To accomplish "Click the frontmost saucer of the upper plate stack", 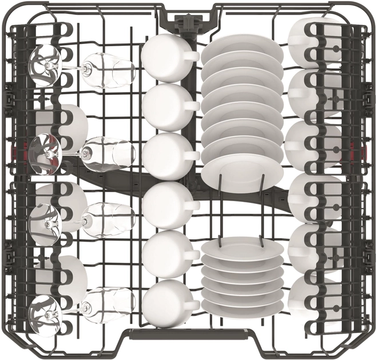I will [242, 171].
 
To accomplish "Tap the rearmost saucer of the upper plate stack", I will [241, 48].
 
